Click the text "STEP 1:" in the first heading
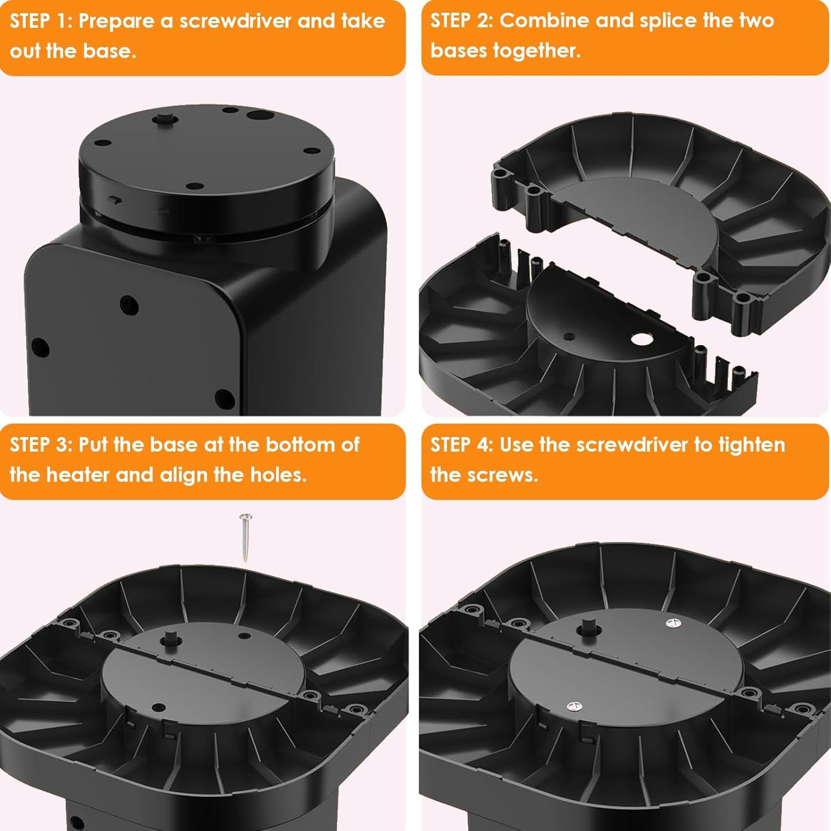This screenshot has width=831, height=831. (40, 21)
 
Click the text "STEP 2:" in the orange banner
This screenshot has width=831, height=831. (461, 20)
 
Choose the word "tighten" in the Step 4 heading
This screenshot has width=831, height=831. (752, 445)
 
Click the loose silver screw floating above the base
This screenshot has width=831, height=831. (246, 537)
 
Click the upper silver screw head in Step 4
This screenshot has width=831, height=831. (673, 624)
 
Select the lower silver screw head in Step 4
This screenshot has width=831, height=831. (574, 706)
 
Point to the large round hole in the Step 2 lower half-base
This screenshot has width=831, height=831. (641, 339)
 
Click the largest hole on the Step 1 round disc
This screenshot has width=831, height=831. (257, 116)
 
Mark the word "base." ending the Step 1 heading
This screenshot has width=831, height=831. (110, 51)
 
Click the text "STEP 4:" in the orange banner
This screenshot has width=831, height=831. (461, 445)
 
